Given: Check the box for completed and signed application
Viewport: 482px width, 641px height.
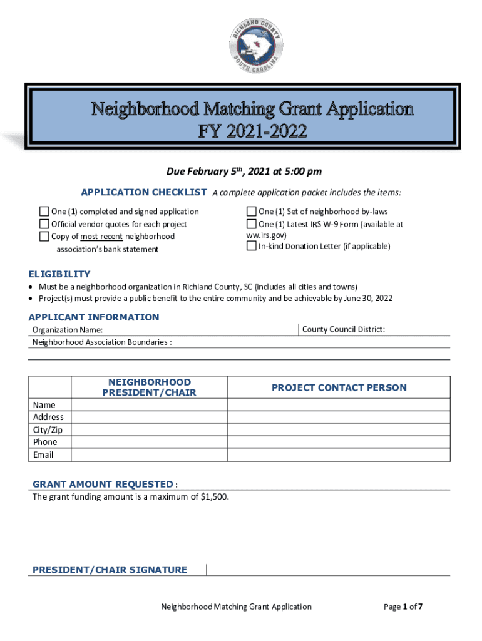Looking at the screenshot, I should pyautogui.click(x=44, y=212).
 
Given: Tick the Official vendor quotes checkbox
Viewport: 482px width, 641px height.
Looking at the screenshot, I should pyautogui.click(x=44, y=224).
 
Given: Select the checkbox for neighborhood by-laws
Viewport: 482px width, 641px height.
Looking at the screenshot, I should pyautogui.click(x=252, y=212).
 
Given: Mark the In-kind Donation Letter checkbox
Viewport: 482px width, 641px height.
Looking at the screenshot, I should pyautogui.click(x=252, y=246).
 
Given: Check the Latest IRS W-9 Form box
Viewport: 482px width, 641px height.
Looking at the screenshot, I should pyautogui.click(x=252, y=224).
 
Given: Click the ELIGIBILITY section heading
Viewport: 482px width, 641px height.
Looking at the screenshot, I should pyautogui.click(x=59, y=274).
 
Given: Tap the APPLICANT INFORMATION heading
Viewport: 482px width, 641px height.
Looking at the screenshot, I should pyautogui.click(x=94, y=317).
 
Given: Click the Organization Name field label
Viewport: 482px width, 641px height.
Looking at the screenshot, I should pyautogui.click(x=68, y=330).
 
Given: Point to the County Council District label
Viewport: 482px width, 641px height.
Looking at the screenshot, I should pyautogui.click(x=343, y=329).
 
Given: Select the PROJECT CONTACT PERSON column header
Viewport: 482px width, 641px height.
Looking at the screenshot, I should pyautogui.click(x=339, y=387).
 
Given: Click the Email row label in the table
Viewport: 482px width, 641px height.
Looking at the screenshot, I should pyautogui.click(x=43, y=454).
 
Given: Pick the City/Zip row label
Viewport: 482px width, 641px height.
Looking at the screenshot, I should pyautogui.click(x=48, y=429).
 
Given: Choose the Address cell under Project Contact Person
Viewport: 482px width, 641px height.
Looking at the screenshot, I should pyautogui.click(x=339, y=417).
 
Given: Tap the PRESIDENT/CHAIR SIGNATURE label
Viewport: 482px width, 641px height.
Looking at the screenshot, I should pyautogui.click(x=110, y=570).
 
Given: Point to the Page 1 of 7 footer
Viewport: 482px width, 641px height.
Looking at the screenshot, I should pyautogui.click(x=404, y=607).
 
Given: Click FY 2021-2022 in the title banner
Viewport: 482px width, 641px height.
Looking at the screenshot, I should pyautogui.click(x=252, y=132).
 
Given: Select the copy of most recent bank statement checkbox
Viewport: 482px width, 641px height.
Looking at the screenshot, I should pyautogui.click(x=44, y=237).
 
